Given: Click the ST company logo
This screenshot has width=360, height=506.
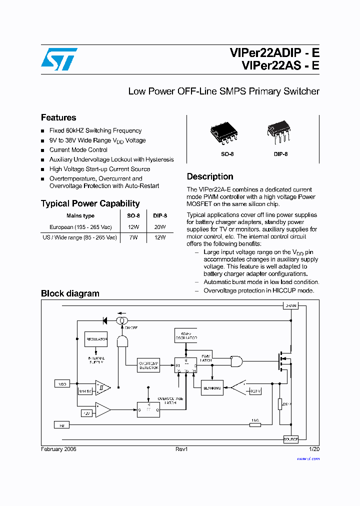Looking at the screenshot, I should coord(59,59).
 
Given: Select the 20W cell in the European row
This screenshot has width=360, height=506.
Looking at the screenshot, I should coord(160,227).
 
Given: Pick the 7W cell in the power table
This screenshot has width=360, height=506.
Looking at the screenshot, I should coord(133,237).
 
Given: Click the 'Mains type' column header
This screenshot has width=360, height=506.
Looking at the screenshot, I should coord(80,216).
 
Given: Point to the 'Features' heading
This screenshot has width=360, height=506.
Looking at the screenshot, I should coord(58,117).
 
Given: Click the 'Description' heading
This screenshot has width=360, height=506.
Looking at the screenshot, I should coord(210,176).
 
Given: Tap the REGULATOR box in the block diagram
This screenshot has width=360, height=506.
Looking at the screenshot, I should coord(96,339).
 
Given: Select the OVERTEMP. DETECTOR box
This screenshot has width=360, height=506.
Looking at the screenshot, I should coord(148,365).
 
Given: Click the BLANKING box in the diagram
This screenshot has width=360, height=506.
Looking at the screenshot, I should coord(212,388).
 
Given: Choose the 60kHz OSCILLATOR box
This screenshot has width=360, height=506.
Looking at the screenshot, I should coord(185,335).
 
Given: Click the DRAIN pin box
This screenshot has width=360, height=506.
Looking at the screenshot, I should coord(290,305).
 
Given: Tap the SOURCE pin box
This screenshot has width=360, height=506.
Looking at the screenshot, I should coord(290,439).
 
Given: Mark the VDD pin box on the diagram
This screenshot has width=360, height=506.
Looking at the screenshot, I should coord(62,384).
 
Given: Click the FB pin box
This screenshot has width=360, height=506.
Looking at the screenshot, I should coord(62,424).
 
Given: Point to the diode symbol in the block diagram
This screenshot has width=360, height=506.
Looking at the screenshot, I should coord(106,320).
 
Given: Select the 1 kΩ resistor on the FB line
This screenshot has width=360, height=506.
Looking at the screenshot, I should coord(255,424).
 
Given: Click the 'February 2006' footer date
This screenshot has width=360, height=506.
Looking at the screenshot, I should coord(58,449).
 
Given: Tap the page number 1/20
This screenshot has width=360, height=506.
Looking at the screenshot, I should coord(314,449).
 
